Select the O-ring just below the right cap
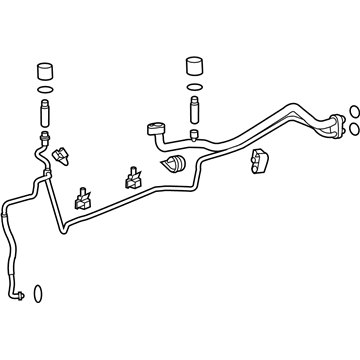(x=193, y=87)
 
